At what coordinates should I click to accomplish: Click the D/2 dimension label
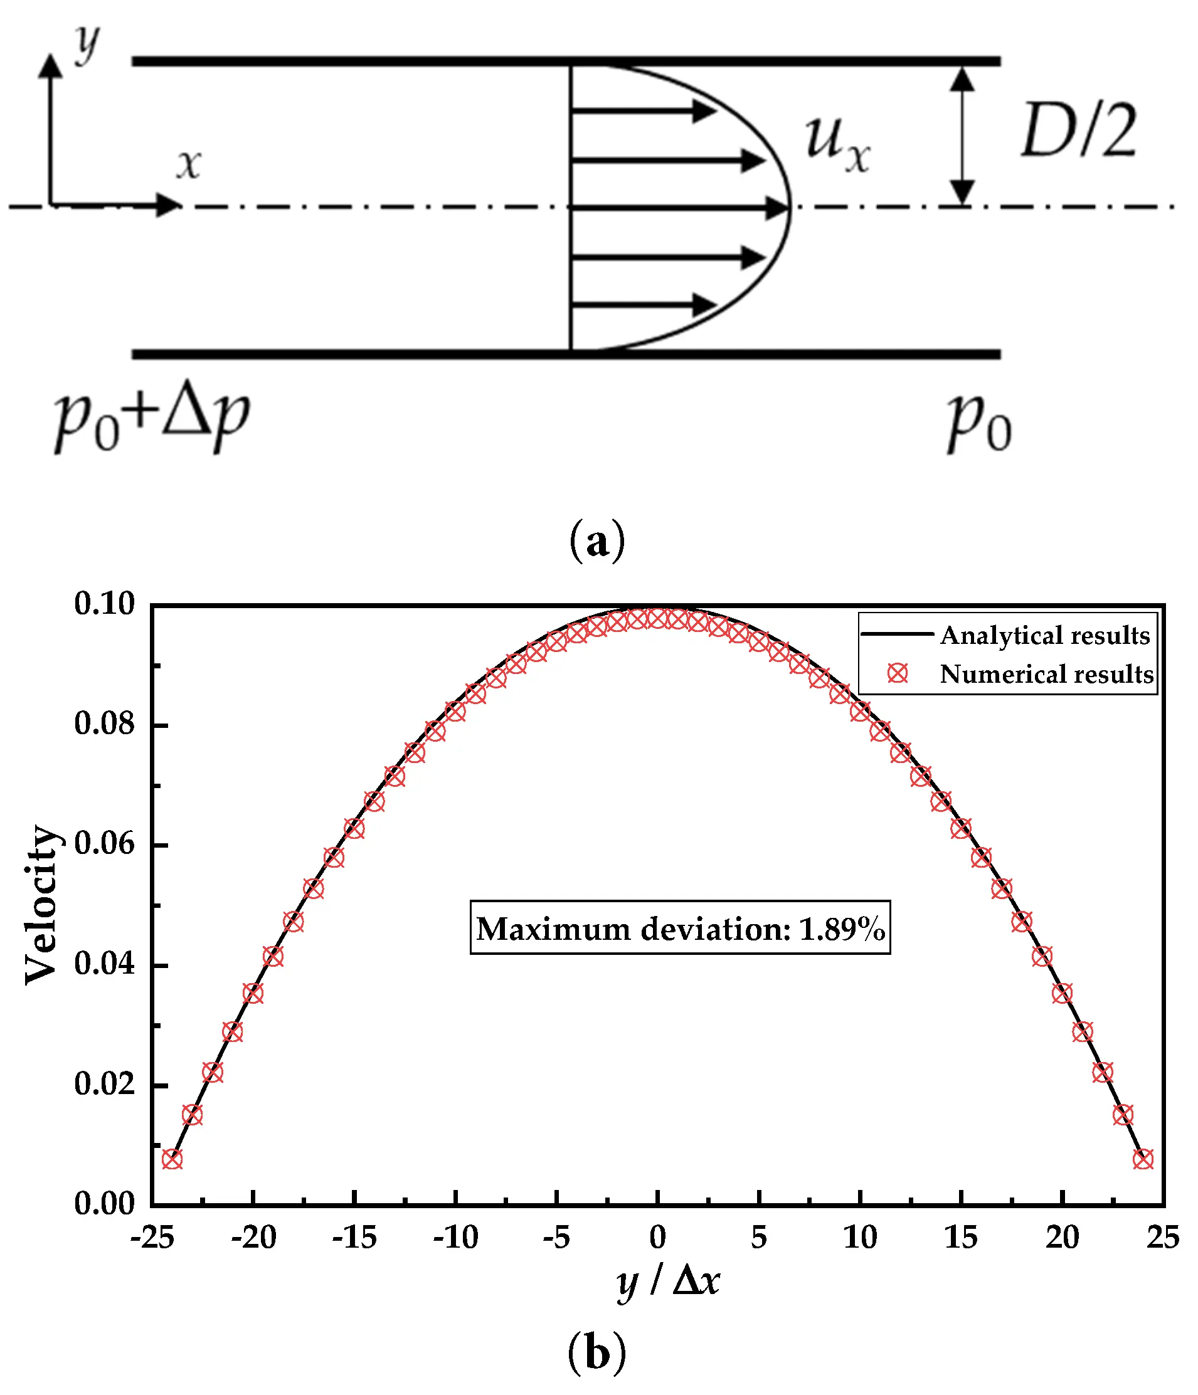click(x=1078, y=131)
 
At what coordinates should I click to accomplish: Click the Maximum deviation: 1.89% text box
click(x=680, y=929)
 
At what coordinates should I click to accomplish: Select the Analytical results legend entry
click(x=1044, y=635)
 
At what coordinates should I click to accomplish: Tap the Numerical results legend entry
click(x=1046, y=674)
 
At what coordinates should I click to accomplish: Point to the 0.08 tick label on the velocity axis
click(x=104, y=724)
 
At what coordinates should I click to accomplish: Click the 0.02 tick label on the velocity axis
click(x=104, y=1084)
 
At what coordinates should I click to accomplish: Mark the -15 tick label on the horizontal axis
click(x=354, y=1237)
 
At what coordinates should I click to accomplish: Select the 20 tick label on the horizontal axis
click(x=1062, y=1237)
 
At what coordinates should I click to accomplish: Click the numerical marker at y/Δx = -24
click(x=172, y=1159)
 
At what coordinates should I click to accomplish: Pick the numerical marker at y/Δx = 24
click(x=1143, y=1159)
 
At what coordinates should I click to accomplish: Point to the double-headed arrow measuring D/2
click(x=962, y=135)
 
